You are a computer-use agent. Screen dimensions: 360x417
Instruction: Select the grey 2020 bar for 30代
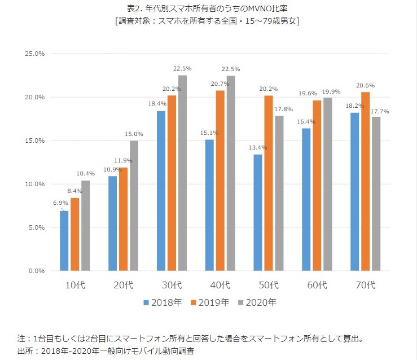182,173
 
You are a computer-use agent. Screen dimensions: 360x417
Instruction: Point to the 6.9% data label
60,202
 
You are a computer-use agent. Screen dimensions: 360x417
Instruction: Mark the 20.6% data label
365,85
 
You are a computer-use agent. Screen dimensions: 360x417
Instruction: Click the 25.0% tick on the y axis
36,54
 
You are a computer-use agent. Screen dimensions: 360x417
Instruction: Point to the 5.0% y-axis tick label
37,227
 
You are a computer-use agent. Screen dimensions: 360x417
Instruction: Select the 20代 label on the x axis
123,284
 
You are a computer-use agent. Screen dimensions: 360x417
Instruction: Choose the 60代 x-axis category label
318,284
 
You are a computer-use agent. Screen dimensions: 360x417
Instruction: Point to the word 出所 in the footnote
25,350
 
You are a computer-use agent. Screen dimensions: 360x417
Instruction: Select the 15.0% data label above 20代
134,134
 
